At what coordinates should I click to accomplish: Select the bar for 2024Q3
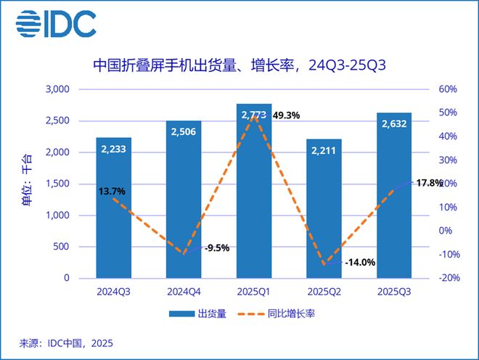(114, 210)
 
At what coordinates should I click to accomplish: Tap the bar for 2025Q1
(254, 196)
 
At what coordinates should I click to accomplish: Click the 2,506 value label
(184, 132)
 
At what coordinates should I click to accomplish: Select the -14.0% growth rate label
(360, 263)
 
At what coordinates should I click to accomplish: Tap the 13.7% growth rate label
(112, 192)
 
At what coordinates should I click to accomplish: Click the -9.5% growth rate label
(217, 247)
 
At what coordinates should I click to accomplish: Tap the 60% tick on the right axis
(447, 89)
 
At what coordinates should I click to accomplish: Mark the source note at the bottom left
(66, 343)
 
